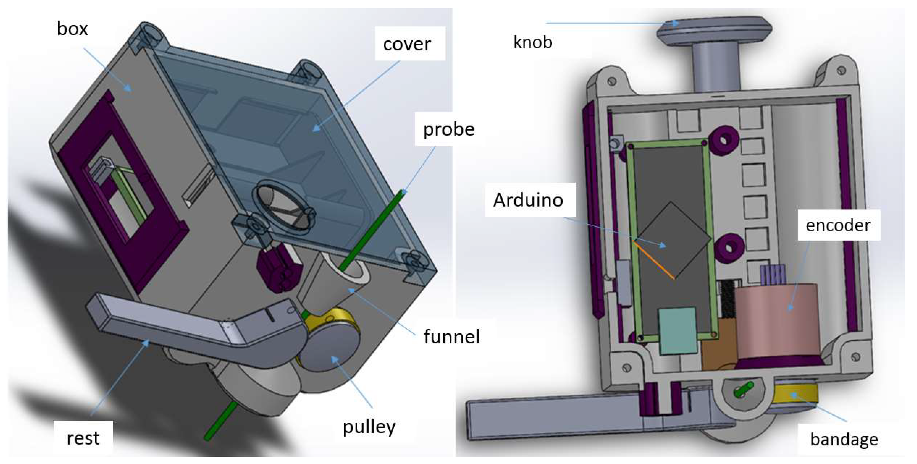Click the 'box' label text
(72, 29)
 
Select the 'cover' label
(407, 44)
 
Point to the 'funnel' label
(451, 336)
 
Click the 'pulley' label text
(369, 427)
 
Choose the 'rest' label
(83, 438)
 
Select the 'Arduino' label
(528, 200)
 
